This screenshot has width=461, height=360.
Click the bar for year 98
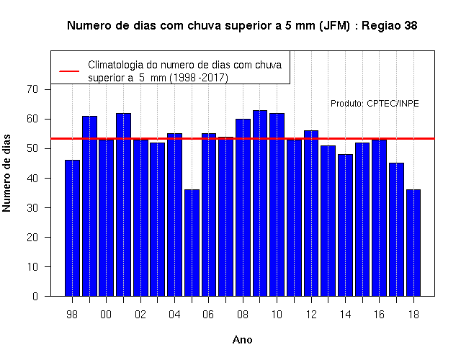click(x=72, y=228)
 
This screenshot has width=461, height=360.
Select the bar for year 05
click(x=192, y=243)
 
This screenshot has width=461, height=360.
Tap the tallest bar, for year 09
click(x=260, y=203)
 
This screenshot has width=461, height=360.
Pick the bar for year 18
click(x=413, y=243)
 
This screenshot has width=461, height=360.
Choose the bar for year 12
click(x=311, y=213)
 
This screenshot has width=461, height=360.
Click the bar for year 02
click(x=141, y=217)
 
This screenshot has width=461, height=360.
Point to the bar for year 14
click(x=345, y=225)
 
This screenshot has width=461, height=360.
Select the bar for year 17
click(x=396, y=230)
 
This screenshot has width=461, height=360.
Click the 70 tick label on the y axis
click(x=32, y=89)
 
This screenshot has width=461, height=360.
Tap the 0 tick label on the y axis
click(x=35, y=296)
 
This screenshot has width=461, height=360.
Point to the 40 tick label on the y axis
click(x=32, y=178)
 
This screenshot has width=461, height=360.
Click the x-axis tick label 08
click(x=243, y=315)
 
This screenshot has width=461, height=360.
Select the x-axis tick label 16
click(x=380, y=315)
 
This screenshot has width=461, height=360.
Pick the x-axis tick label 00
click(x=106, y=315)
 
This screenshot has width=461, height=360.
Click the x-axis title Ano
click(x=243, y=340)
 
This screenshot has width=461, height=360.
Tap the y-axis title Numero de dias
click(x=6, y=173)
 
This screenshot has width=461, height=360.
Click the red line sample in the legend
click(x=69, y=71)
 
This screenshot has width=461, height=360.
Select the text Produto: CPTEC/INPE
click(x=375, y=104)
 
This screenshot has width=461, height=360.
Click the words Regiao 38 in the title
click(x=389, y=26)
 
